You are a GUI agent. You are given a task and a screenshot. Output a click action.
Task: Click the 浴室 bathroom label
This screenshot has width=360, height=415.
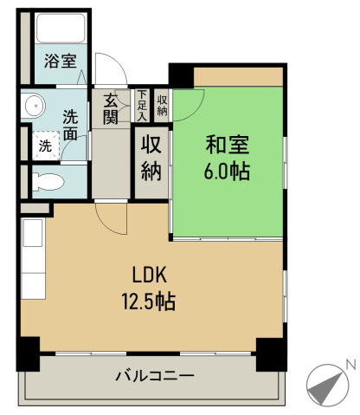coord(61,62)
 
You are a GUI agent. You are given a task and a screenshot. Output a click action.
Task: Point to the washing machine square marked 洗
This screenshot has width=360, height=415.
coord(43,146)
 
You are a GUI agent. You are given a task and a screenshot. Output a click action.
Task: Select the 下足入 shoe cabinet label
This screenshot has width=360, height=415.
coord(142,104)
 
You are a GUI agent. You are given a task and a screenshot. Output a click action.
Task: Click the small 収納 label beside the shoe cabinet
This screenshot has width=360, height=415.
coord(162,105)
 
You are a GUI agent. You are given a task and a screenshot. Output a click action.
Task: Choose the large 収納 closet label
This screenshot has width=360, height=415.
coord(151,157)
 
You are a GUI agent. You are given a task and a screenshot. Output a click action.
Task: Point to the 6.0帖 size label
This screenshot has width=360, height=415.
coord(228,172)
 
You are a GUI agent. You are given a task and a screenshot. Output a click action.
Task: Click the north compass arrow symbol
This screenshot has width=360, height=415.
coord(325,382)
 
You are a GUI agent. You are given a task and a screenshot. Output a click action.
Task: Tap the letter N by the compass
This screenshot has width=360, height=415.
coord(350,365)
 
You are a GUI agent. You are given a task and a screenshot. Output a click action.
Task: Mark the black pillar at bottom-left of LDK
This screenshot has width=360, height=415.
coord(28,352)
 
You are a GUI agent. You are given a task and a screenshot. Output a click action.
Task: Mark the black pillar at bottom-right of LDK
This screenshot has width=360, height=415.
coord(273,352)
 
